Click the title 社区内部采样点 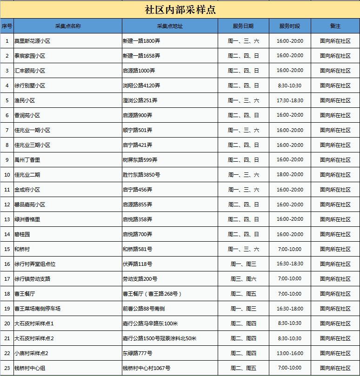[180, 10]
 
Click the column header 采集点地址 [170, 26]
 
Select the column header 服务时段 [289, 26]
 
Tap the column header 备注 [335, 26]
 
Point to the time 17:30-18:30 [289, 100]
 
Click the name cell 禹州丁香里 [27, 160]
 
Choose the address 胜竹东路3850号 [141, 175]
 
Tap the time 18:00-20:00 [289, 175]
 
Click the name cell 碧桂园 [22, 234]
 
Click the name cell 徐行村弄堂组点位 [35, 264]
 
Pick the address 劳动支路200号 [140, 279]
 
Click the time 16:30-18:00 [289, 309]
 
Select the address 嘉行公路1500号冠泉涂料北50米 [160, 338]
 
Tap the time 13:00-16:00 [289, 353]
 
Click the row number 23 [7, 368]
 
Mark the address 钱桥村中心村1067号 [146, 368]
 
